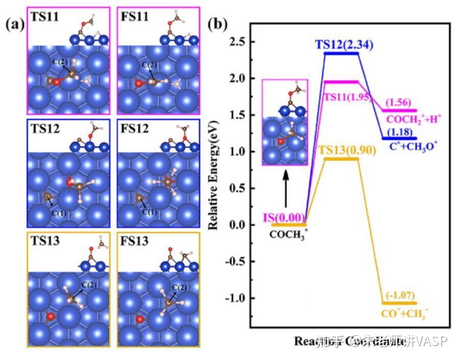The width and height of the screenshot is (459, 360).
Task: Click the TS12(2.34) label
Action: coord(344,45)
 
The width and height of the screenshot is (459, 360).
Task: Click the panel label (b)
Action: coord(219,25)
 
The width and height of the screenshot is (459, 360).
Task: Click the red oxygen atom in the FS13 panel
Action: coord(138,320)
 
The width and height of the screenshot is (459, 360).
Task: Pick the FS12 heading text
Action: coord(134,129)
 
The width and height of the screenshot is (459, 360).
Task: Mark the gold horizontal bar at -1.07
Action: coord(400,303)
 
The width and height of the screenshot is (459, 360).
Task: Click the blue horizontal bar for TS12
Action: coord(342,53)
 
